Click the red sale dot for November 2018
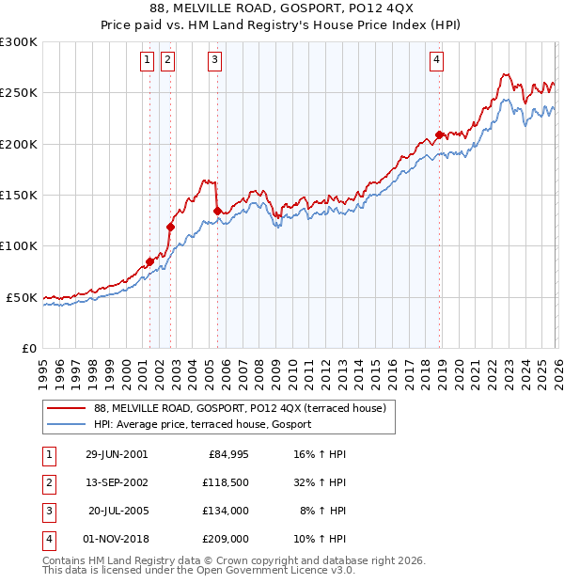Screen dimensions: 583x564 [x=439, y=135]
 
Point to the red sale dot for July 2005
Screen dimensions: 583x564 [x=217, y=212]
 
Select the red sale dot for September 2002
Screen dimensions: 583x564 [x=170, y=227]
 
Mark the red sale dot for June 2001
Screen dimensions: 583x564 [x=149, y=261]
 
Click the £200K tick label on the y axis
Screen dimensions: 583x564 [x=19, y=145]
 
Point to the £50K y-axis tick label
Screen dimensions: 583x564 [x=22, y=297]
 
